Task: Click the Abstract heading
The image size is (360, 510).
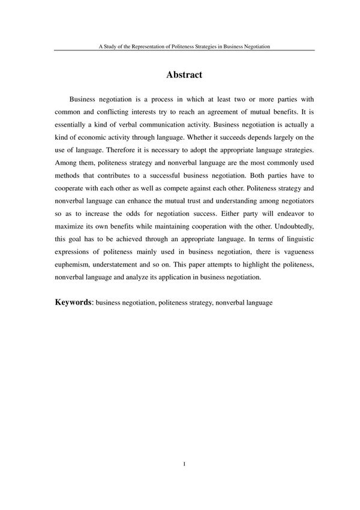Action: (184, 75)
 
